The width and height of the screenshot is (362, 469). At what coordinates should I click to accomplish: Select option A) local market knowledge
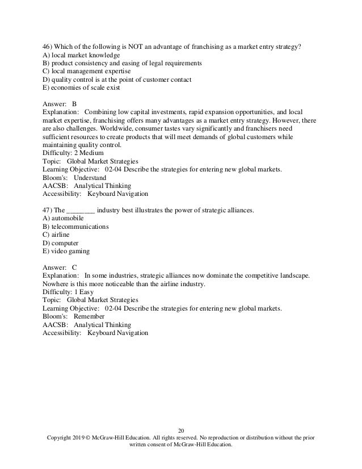coord(81,55)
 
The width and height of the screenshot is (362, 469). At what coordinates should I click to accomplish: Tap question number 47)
coord(48,210)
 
